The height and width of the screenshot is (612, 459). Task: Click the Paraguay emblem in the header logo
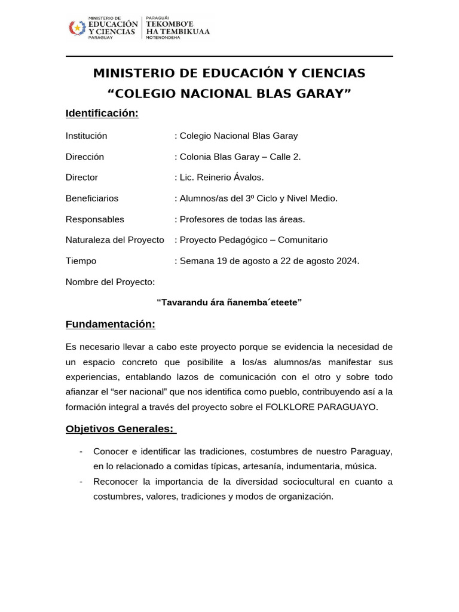[77, 27]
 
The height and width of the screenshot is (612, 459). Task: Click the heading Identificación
[102, 114]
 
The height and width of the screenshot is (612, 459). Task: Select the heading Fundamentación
[110, 325]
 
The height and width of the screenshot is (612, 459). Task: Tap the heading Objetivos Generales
[120, 429]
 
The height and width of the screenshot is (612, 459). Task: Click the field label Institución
[86, 136]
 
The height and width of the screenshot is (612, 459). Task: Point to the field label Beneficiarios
[92, 198]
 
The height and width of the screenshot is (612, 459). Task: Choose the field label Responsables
[95, 219]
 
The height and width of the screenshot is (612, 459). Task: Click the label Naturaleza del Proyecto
[115, 240]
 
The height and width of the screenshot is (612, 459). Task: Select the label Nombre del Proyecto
[110, 281]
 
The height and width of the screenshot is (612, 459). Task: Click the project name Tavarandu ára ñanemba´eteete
[229, 302]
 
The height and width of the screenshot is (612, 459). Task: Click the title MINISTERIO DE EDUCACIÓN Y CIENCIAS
[229, 74]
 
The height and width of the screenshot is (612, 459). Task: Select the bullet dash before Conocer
[81, 451]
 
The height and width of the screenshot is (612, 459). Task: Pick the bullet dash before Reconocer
[81, 482]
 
